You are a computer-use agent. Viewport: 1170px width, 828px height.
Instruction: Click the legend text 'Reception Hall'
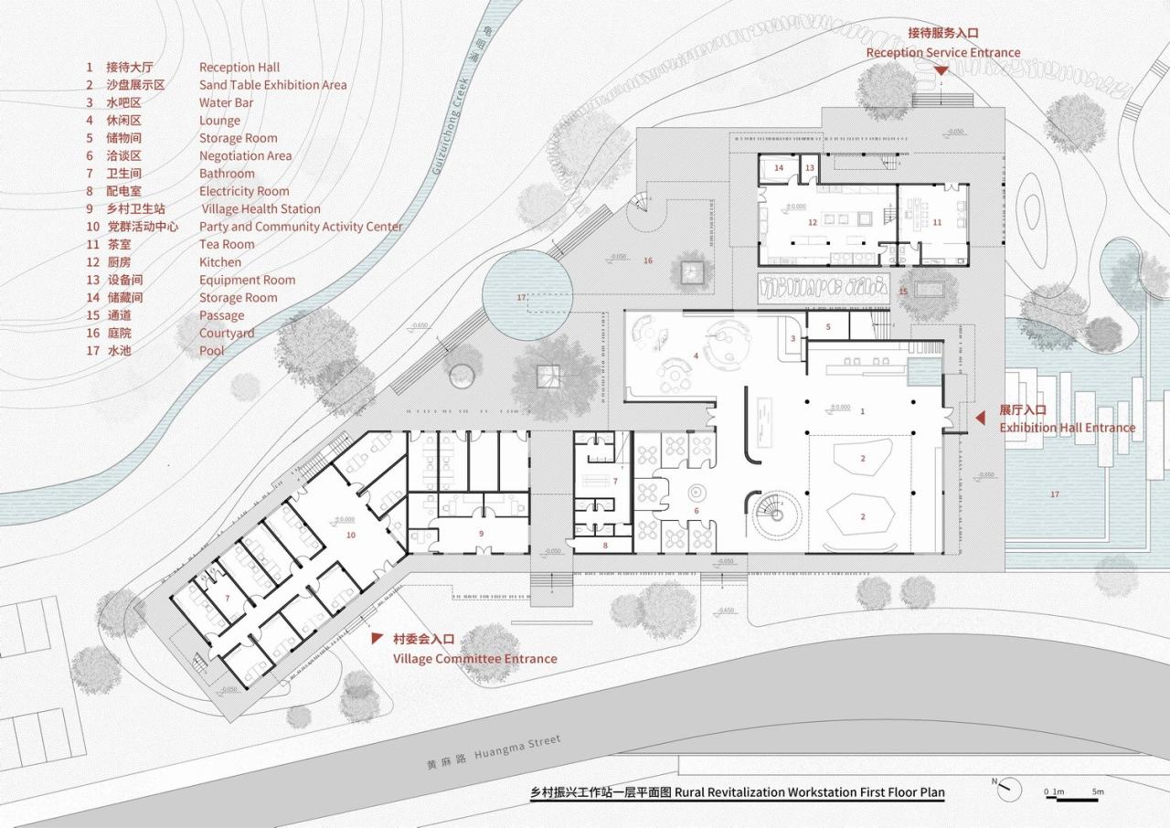pos(239,67)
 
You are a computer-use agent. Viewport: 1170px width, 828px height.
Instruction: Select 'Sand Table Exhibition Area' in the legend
pos(272,85)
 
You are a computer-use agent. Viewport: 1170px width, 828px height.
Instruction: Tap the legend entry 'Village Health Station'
pos(261,209)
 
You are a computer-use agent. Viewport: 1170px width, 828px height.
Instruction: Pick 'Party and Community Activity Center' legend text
pos(301,227)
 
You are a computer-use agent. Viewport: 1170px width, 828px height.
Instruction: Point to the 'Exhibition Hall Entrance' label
pos(1067,428)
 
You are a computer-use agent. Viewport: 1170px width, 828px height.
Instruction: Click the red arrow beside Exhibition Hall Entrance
pos(979,419)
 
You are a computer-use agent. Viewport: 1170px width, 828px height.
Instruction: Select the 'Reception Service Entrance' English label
pos(942,53)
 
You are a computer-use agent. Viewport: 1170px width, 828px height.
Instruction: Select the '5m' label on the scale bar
pos(1097,791)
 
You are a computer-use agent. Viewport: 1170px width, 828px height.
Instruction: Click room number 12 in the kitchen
pos(811,222)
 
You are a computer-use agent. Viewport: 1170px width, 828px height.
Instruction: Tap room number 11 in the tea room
pos(937,222)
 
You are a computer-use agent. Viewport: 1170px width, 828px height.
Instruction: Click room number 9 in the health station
pos(482,532)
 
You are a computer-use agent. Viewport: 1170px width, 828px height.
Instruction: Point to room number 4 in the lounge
pos(696,355)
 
